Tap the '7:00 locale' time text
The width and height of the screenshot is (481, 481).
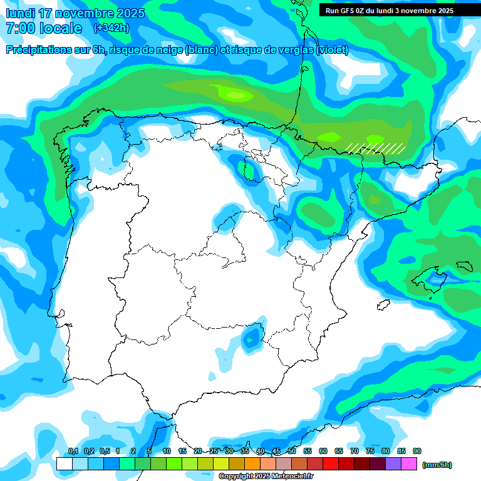pyautogui.click(x=44, y=28)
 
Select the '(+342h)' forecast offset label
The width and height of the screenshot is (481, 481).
pyautogui.click(x=111, y=28)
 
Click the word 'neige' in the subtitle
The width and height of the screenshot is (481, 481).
pyautogui.click(x=165, y=50)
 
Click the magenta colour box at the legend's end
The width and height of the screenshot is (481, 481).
pyautogui.click(x=409, y=463)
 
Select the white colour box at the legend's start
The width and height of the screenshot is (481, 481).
pyautogui.click(x=65, y=463)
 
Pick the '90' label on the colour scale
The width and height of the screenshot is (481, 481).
pyautogui.click(x=417, y=451)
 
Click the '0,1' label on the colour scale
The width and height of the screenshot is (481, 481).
pyautogui.click(x=73, y=451)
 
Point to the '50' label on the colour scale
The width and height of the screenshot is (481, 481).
pyautogui.click(x=292, y=451)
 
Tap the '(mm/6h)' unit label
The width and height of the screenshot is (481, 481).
pyautogui.click(x=437, y=465)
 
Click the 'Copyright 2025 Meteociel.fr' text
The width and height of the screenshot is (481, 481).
pyautogui.click(x=266, y=476)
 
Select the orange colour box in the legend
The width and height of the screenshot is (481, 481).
pyautogui.click(x=252, y=463)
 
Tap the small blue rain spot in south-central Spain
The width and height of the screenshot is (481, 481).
pyautogui.click(x=251, y=338)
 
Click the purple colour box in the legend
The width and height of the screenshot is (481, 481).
pyautogui.click(x=393, y=463)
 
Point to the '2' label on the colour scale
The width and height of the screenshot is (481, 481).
pyautogui.click(x=133, y=451)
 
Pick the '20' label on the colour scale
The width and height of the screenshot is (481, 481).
pyautogui.click(x=198, y=451)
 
